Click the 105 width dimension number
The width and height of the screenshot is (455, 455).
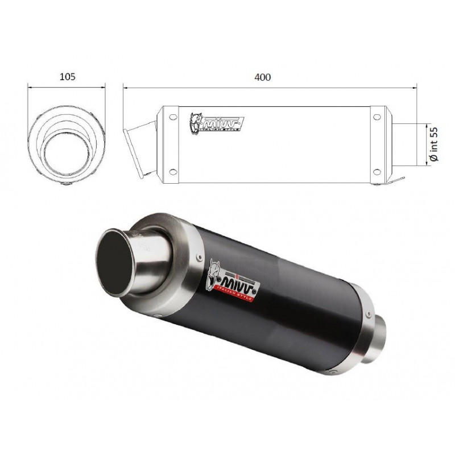(x=67, y=76)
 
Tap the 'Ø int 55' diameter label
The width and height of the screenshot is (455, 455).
(x=433, y=144)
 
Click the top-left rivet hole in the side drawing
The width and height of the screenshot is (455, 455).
(x=170, y=118)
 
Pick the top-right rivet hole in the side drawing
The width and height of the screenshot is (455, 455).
(x=376, y=118)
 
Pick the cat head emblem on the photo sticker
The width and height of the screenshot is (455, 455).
(x=214, y=268)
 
